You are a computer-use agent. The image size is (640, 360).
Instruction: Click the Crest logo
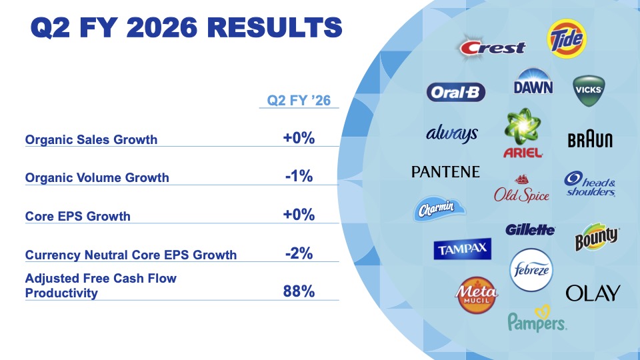tap(493, 47)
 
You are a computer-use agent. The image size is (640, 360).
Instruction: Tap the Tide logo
tap(565, 39)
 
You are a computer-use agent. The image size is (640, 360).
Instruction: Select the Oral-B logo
tap(456, 92)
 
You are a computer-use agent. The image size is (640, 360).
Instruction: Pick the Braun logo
tap(590, 140)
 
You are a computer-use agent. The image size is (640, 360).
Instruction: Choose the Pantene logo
tap(445, 172)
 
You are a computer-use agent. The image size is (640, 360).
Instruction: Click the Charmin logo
tap(437, 209)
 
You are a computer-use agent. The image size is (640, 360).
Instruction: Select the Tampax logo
tap(463, 249)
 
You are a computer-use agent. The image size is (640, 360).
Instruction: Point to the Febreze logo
tap(531, 271)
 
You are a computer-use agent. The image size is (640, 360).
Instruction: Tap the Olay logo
tap(593, 293)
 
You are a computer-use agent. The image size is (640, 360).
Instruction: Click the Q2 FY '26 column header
tap(299, 101)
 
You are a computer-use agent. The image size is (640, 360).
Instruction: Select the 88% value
tap(299, 291)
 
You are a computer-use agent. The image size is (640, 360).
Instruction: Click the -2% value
tap(299, 253)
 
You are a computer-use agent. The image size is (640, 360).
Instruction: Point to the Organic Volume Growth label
tap(97, 178)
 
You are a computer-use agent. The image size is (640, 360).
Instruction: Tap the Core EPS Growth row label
tap(77, 216)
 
